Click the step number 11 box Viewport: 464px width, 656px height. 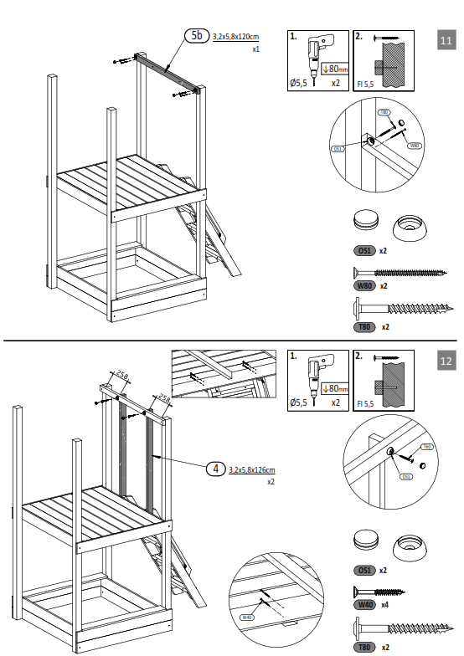pos(446,39)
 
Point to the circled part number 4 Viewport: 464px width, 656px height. pos(216,469)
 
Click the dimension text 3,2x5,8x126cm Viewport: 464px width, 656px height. pos(252,470)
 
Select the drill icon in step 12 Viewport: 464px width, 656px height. pos(318,377)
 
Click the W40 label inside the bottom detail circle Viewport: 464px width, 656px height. pos(247,618)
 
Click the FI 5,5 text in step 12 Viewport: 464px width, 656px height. pos(365,403)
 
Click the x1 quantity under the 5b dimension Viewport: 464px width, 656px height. pos(255,50)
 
